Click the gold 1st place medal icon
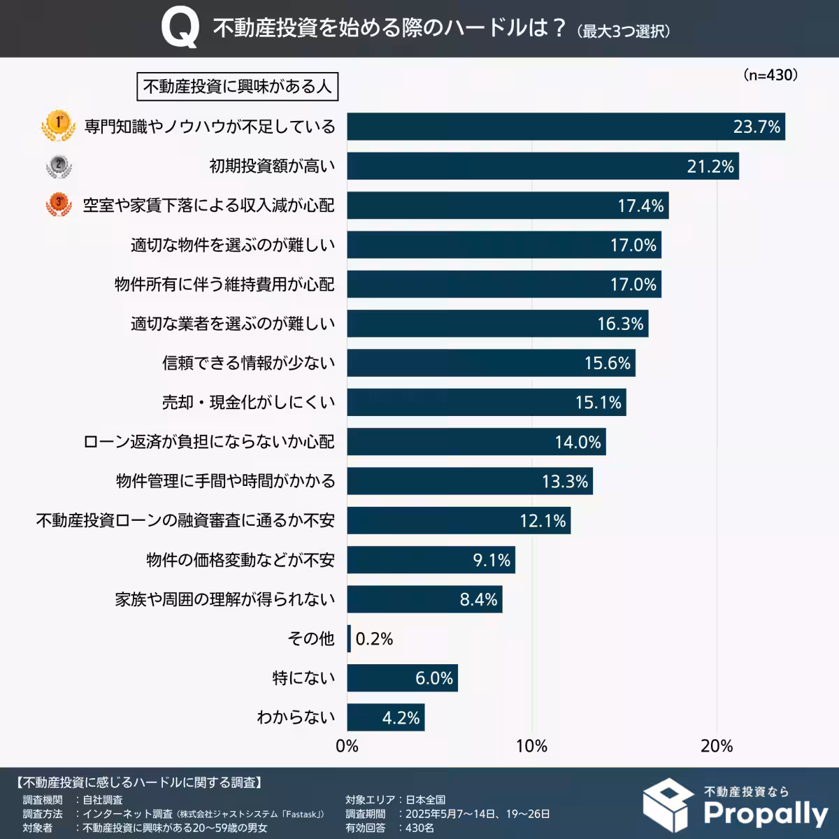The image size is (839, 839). click(x=58, y=126)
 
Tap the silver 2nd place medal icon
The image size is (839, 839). click(x=59, y=166)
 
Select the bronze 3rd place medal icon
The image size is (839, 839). click(x=59, y=205)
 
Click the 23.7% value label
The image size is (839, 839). click(x=756, y=127)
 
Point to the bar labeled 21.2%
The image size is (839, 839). click(x=543, y=166)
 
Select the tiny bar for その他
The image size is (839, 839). click(x=349, y=639)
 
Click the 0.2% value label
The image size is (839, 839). click(x=374, y=639)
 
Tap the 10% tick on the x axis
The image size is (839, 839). click(x=531, y=746)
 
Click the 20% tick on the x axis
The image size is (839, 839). click(x=717, y=746)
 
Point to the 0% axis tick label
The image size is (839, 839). click(x=347, y=746)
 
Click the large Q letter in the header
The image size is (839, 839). click(x=179, y=29)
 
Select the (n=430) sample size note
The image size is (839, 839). click(x=770, y=75)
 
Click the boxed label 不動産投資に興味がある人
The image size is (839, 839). click(x=237, y=87)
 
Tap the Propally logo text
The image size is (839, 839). click(x=765, y=813)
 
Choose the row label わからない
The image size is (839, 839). click(x=296, y=717)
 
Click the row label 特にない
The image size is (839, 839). click(x=303, y=678)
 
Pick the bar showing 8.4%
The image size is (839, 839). click(x=424, y=600)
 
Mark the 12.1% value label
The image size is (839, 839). click(x=543, y=521)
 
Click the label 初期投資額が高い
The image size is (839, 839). click(x=272, y=166)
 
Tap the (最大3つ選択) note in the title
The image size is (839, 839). click(x=624, y=31)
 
